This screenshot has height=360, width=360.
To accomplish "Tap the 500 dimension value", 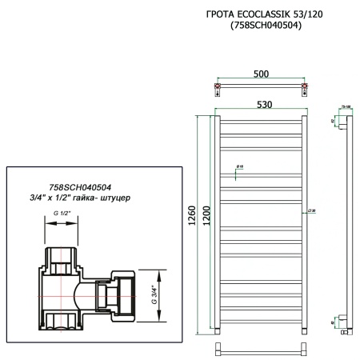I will (x=261, y=74).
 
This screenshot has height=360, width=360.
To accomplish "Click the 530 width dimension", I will (x=261, y=104).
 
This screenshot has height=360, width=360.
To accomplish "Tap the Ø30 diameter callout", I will (x=310, y=210).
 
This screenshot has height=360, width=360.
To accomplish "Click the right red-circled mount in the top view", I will (x=303, y=86).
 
